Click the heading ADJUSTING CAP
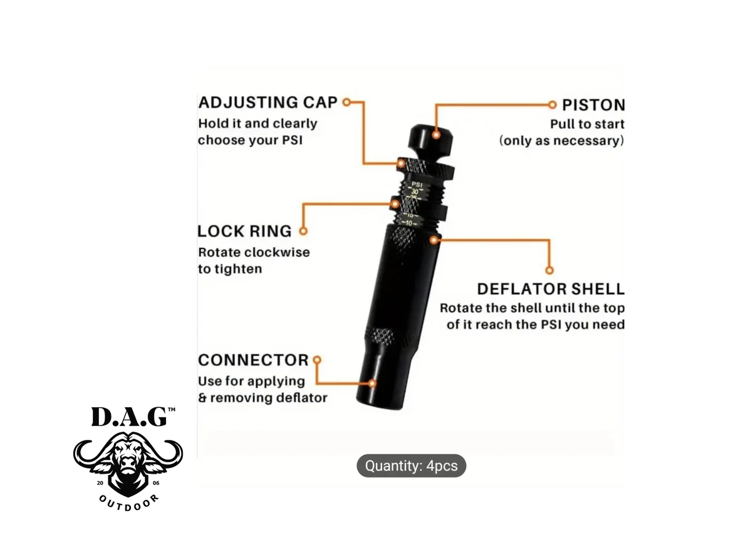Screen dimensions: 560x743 coord(268,102)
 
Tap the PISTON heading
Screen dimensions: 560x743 coord(593,105)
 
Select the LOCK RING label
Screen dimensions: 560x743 coord(244,231)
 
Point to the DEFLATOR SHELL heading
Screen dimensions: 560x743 coord(550,289)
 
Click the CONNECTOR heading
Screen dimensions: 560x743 coord(253,360)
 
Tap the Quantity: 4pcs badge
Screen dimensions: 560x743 coord(411,466)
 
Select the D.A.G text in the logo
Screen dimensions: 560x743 coord(129,418)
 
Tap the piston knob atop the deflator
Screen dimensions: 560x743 coord(432,141)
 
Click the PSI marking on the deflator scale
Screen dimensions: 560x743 coord(417,184)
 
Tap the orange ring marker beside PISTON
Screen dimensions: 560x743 coord(552,104)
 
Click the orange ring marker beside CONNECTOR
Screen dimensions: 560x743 coord(316,360)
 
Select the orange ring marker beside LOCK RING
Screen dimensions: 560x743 coord(303,231)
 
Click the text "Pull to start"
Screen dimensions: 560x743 coord(587,124)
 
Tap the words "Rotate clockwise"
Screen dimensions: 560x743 coord(254,253)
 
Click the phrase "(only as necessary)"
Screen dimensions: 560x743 coord(561,141)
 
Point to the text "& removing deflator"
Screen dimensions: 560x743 coord(262,397)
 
